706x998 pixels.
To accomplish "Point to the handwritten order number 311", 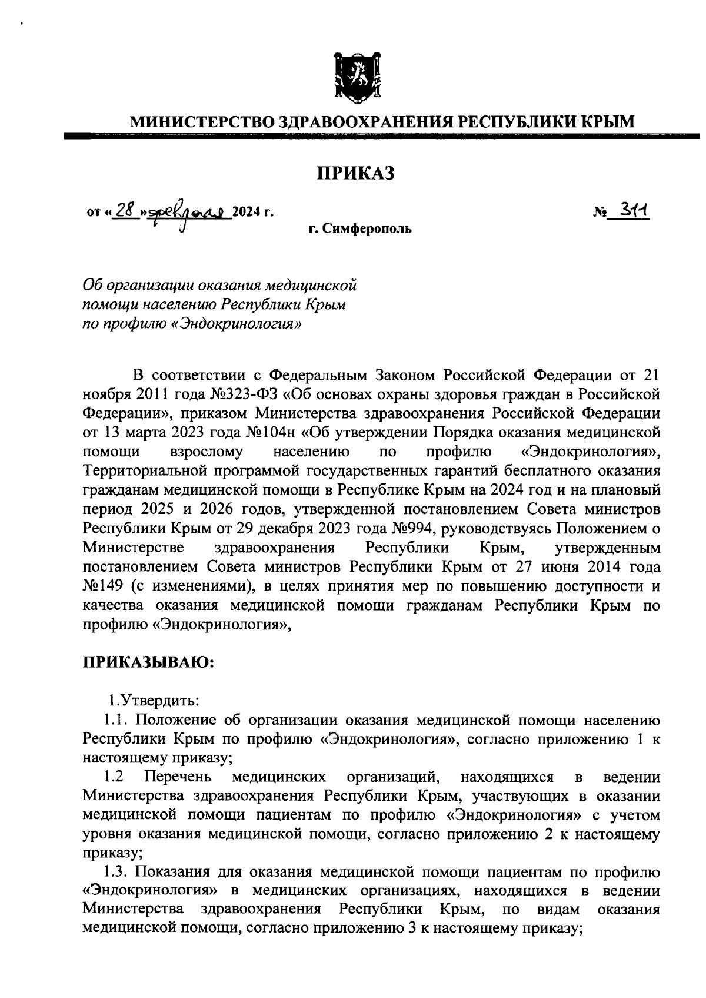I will [x=632, y=210].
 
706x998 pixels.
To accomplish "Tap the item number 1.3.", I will [x=115, y=871].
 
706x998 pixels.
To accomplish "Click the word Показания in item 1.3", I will [x=178, y=871].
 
